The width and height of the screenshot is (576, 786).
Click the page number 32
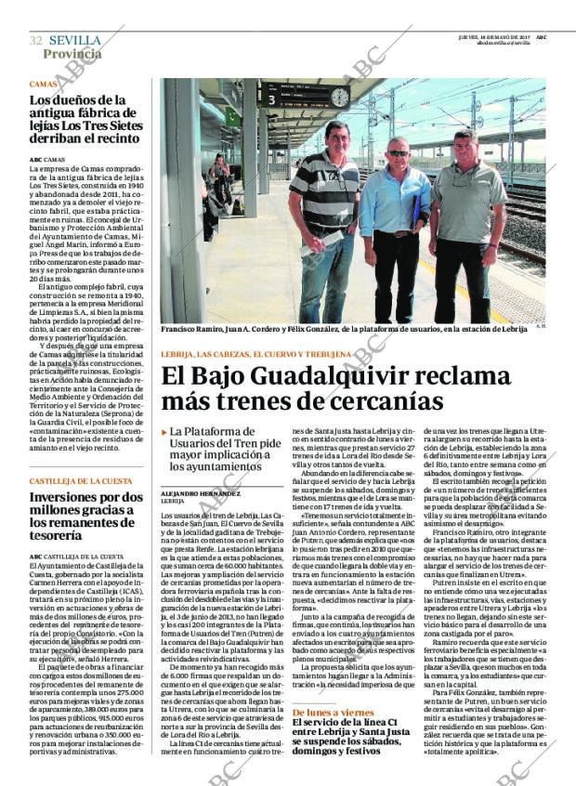[x=36, y=41]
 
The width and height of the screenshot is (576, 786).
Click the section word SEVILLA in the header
[x=75, y=41]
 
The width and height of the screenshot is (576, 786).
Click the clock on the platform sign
[x=339, y=98]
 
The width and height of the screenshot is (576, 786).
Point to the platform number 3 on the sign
[x=272, y=98]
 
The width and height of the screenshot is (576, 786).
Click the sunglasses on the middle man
[x=399, y=153]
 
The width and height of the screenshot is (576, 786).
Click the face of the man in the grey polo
[x=465, y=149]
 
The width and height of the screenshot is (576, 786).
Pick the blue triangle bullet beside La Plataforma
[x=164, y=432]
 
